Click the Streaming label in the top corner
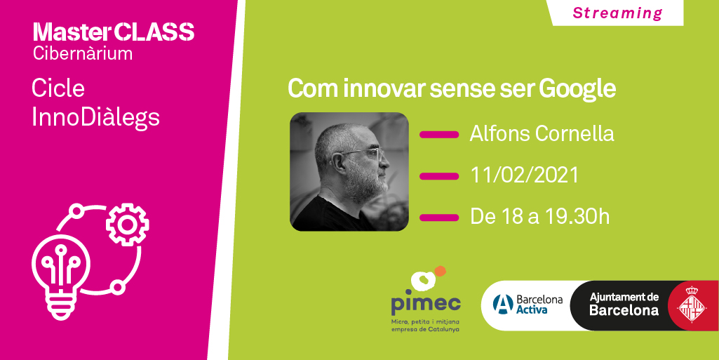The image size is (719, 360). click(617, 13)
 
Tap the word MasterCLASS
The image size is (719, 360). click(114, 32)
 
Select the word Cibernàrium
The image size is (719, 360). click(83, 53)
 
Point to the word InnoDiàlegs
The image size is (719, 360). click(95, 117)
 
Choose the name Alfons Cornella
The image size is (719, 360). click(542, 133)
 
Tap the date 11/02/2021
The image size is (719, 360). click(525, 175)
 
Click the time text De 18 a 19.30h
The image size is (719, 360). click(539, 217)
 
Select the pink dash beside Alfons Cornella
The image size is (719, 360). click(438, 134)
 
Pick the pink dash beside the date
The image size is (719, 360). click(438, 175)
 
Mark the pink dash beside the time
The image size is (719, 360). click(438, 217)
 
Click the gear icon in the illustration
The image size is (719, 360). click(127, 224)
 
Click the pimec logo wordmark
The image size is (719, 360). click(426, 303)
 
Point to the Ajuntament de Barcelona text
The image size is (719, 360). click(624, 304)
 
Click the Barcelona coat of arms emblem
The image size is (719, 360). click(691, 305)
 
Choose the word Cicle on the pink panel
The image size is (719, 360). click(58, 88)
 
